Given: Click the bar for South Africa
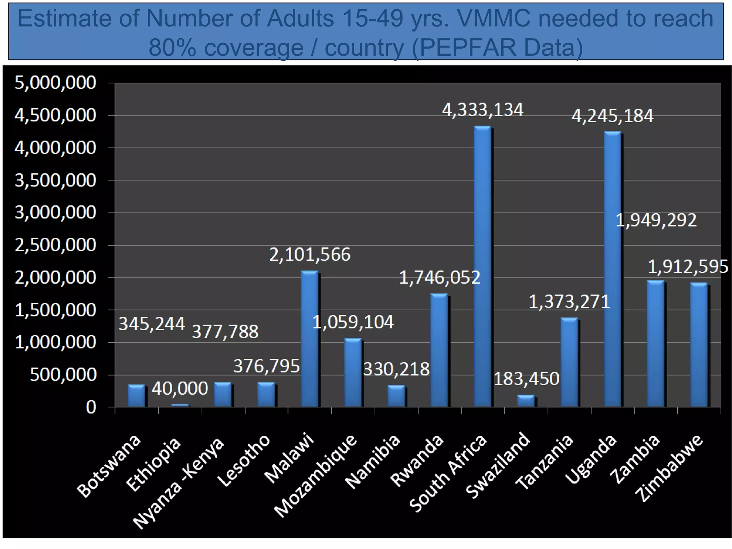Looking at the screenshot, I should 483,266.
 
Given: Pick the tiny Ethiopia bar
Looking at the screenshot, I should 180,405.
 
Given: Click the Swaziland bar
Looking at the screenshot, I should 526,401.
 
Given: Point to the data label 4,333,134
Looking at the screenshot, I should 483,110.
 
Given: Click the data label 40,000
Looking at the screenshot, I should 180,389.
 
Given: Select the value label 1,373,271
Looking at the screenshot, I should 569,302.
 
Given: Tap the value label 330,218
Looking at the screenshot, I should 396,369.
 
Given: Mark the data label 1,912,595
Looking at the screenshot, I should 688,267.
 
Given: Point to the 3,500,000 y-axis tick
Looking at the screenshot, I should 55,180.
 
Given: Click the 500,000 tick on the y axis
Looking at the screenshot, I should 63,375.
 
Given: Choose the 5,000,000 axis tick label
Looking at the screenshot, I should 55,83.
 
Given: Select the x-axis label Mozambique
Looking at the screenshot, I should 316,475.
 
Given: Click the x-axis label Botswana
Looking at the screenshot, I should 109,466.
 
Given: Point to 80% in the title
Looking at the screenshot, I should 172,47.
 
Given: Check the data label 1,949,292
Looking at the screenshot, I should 656,220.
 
